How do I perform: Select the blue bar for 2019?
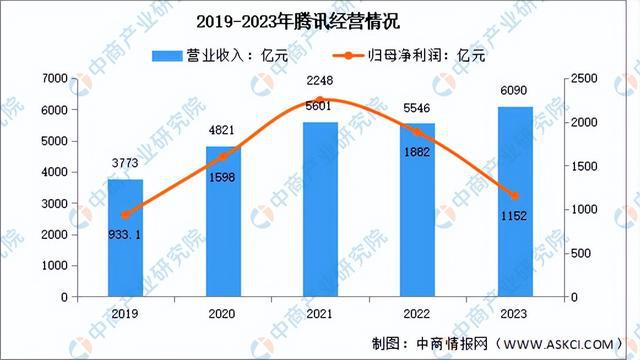[126, 250]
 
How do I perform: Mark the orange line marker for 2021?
[321, 100]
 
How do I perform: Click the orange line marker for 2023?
[515, 196]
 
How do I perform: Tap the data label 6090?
[515, 90]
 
